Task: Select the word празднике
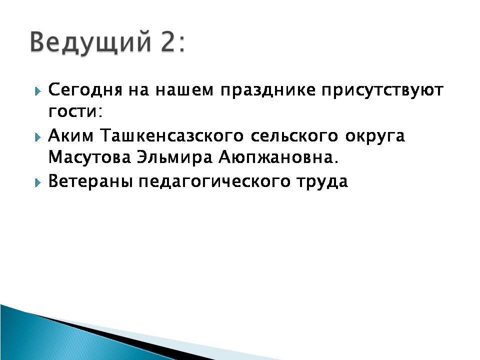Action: pyautogui.click(x=268, y=90)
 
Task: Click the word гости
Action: pyautogui.click(x=74, y=111)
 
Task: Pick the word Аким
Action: pyautogui.click(x=70, y=135)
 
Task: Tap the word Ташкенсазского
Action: pyautogui.click(x=171, y=135)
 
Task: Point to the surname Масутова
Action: pyautogui.click(x=89, y=157)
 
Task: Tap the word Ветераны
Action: pyautogui.click(x=90, y=181)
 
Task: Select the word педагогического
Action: pyautogui.click(x=214, y=181)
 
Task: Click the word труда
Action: pyautogui.click(x=322, y=181)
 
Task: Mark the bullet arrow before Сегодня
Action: pyautogui.click(x=37, y=91)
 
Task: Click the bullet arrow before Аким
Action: pyautogui.click(x=37, y=137)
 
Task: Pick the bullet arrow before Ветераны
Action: pyautogui.click(x=37, y=183)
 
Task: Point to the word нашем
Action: pyautogui.click(x=184, y=90)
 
